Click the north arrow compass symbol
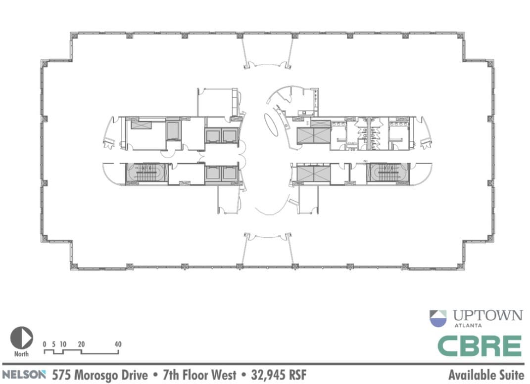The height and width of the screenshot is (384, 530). pyautogui.click(x=21, y=338)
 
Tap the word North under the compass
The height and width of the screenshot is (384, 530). pyautogui.click(x=21, y=354)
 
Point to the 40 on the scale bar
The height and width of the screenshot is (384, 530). pyautogui.click(x=118, y=344)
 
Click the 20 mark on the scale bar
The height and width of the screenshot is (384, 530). pyautogui.click(x=81, y=344)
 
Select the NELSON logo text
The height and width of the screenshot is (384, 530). pyautogui.click(x=24, y=374)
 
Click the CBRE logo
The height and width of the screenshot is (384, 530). pyautogui.click(x=480, y=346)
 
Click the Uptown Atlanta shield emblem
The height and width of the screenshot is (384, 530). pyautogui.click(x=438, y=318)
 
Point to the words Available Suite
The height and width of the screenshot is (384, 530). pyautogui.click(x=486, y=374)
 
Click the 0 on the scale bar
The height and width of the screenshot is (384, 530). pyautogui.click(x=45, y=344)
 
